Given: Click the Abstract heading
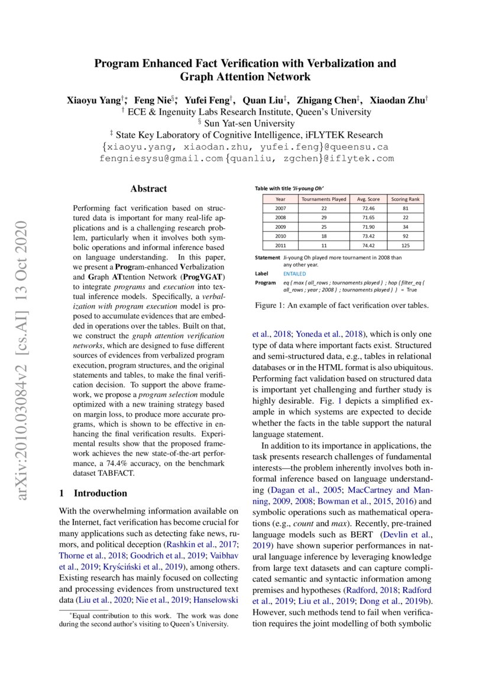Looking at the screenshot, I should coord(148,189).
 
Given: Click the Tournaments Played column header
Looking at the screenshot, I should coord(323,199).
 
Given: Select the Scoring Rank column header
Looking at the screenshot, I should coord(406,199).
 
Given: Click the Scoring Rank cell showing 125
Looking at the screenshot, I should coord(406,244).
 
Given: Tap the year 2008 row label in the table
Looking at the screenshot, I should coord(281,217).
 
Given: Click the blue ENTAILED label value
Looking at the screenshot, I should coord(294,274).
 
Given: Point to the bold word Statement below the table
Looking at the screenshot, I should coord(267,258).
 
